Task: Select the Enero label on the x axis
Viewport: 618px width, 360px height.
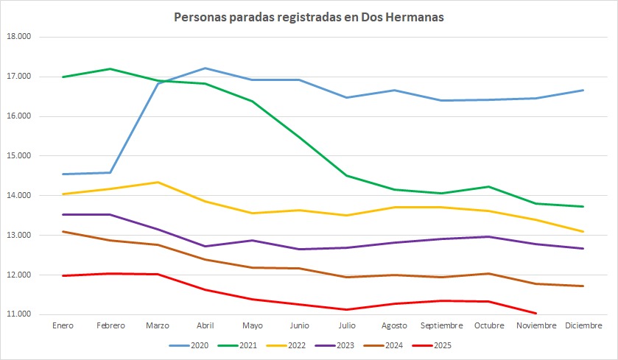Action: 64,325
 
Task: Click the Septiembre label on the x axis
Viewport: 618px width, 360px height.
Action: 440,325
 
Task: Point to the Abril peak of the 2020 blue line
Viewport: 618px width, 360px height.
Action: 205,68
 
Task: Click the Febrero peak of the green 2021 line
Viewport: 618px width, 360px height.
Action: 110,69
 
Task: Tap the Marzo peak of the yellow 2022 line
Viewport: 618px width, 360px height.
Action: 158,182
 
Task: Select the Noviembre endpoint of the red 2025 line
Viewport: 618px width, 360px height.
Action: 536,313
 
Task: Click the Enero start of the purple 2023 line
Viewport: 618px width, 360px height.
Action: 63,214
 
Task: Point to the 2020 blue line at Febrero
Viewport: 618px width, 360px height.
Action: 110,172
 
